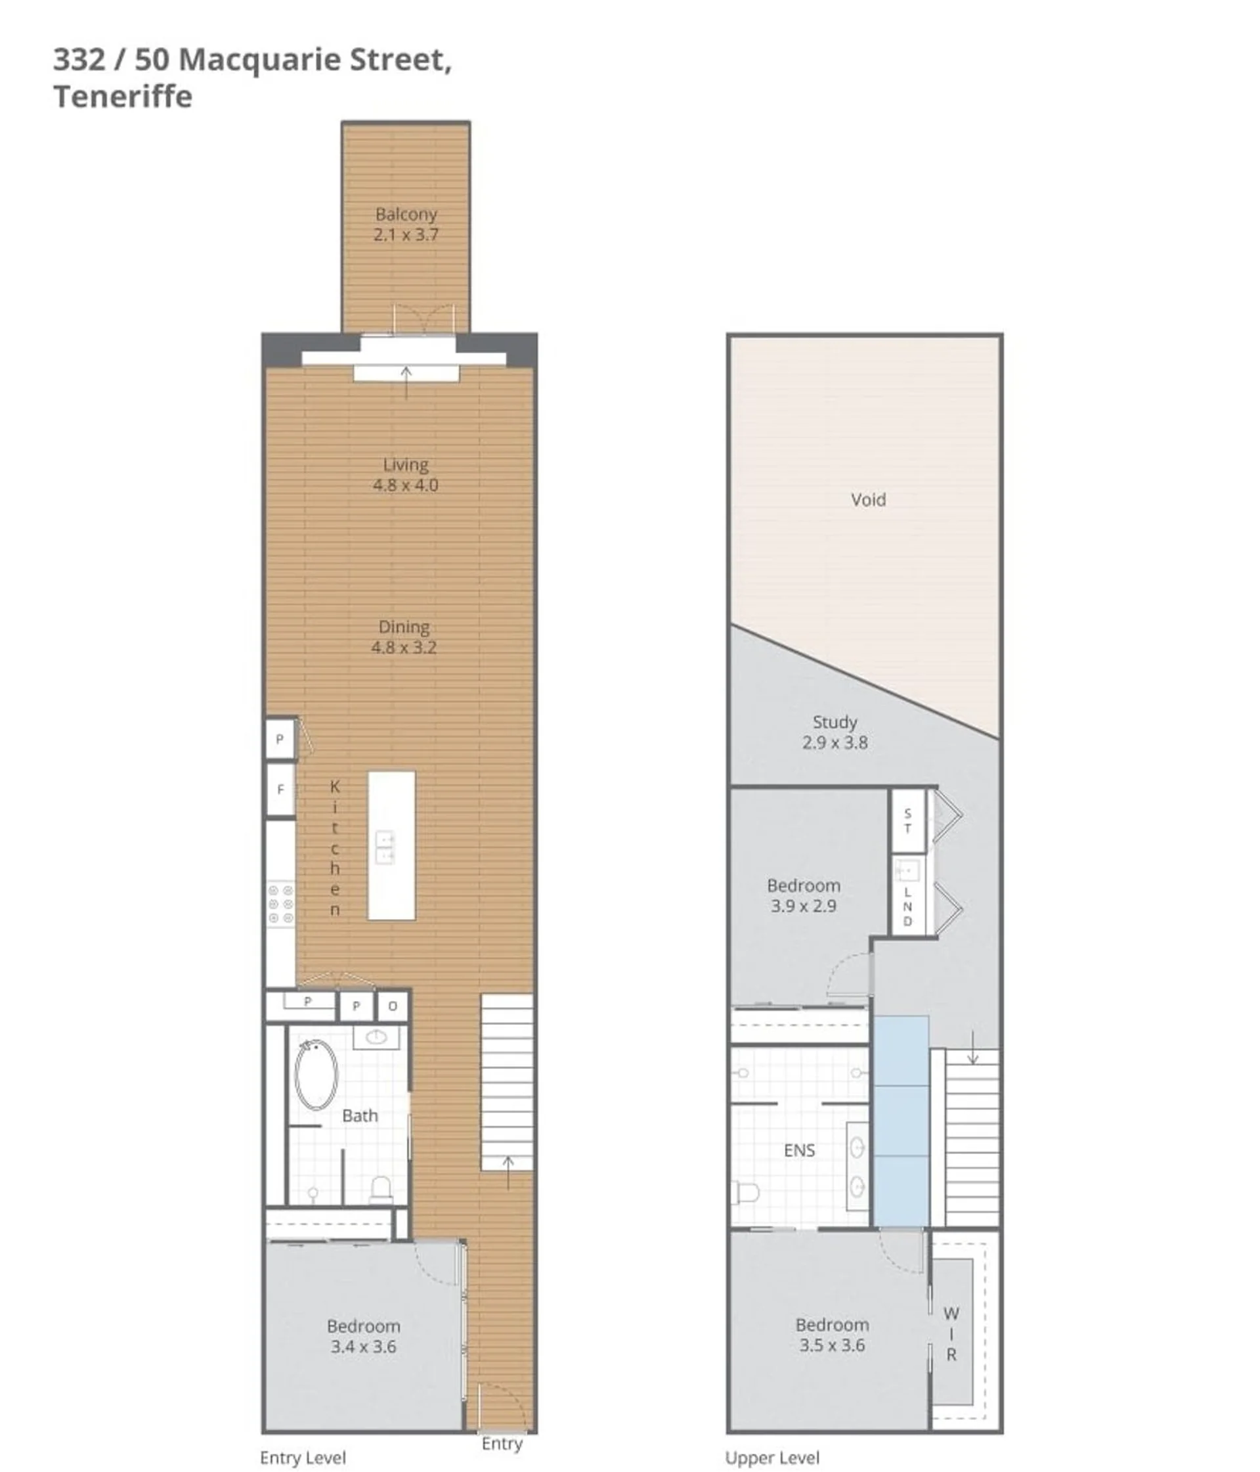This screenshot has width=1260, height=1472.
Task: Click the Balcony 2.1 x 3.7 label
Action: pyautogui.click(x=406, y=225)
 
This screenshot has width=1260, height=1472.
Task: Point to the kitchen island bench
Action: pyautogui.click(x=391, y=845)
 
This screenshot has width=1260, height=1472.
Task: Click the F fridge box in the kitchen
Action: pyautogui.click(x=280, y=790)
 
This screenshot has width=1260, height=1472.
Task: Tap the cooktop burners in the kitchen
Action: pyautogui.click(x=281, y=904)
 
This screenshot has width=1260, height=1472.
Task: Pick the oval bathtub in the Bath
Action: pyautogui.click(x=316, y=1075)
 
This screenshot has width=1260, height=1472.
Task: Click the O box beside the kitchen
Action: pyautogui.click(x=393, y=1006)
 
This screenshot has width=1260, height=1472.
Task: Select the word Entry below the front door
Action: pyautogui.click(x=502, y=1444)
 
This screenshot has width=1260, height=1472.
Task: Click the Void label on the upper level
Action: pyautogui.click(x=868, y=499)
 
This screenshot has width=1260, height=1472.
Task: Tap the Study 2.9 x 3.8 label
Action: pyautogui.click(x=835, y=732)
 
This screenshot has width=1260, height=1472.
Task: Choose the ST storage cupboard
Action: pyautogui.click(x=907, y=821)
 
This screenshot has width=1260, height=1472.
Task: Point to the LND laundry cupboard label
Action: pyautogui.click(x=907, y=906)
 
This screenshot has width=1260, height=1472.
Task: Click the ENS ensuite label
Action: pyautogui.click(x=799, y=1150)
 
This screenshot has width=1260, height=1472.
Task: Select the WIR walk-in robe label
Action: pyautogui.click(x=951, y=1334)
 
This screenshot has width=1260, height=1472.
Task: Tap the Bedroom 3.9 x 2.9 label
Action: pyautogui.click(x=803, y=896)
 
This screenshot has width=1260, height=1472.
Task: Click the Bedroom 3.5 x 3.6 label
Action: pyautogui.click(x=832, y=1335)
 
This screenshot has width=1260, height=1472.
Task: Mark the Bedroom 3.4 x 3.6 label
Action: pyautogui.click(x=363, y=1336)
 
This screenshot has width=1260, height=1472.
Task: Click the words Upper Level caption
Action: pyautogui.click(x=772, y=1458)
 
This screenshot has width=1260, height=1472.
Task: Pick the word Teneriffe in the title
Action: pyautogui.click(x=123, y=97)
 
